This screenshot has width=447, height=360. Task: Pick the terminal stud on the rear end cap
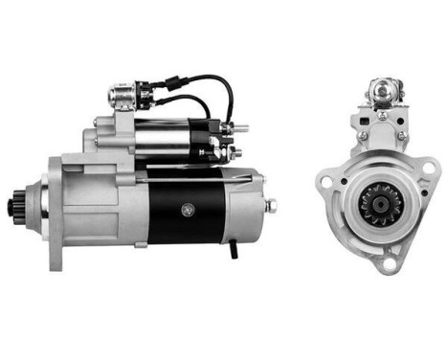[272, 204]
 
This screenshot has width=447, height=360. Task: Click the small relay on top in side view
[123, 95]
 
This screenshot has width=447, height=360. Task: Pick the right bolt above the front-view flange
[401, 137]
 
